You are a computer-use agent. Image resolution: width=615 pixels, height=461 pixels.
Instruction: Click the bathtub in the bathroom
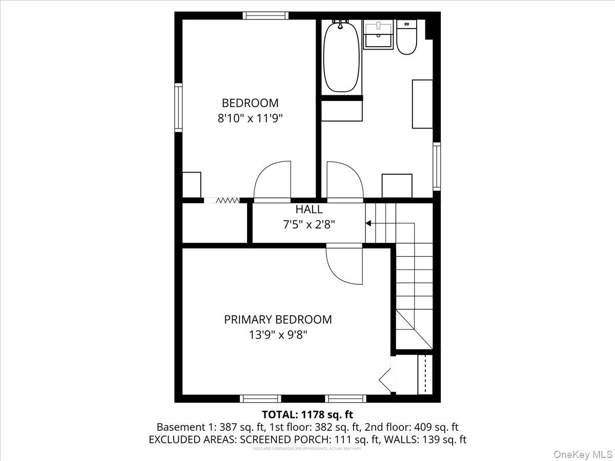(341, 56)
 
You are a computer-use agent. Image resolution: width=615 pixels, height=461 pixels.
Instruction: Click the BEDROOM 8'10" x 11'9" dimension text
(250, 118)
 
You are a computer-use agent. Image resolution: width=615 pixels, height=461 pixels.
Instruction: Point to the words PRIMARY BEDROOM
(278, 320)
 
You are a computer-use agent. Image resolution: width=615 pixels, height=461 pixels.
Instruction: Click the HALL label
(309, 209)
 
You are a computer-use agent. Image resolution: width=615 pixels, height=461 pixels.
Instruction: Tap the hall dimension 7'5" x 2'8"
(309, 224)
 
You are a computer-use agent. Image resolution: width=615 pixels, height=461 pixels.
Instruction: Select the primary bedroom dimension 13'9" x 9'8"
(278, 335)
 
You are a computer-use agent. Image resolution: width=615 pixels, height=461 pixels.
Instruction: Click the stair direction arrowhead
(368, 223)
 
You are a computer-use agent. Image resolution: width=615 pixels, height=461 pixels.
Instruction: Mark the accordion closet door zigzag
(227, 200)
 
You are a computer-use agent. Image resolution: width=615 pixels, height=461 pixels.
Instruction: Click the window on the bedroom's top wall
(265, 15)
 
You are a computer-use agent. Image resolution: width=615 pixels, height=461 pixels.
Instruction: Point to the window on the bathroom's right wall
(437, 167)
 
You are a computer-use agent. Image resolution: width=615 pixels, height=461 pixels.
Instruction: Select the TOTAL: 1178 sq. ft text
(307, 414)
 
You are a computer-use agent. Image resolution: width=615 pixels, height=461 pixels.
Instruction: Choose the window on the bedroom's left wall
(178, 108)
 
